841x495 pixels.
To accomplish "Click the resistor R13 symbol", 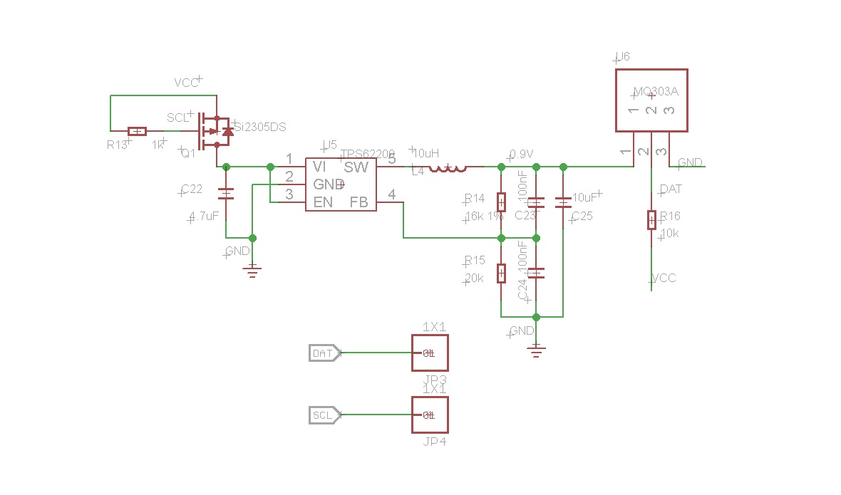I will (137, 131).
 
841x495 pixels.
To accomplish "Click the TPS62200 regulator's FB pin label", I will (358, 202).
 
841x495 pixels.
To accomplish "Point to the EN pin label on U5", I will (323, 202).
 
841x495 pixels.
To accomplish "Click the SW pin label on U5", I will (356, 167).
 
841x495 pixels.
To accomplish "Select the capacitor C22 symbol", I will (226, 193).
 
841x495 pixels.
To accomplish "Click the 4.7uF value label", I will (205, 217).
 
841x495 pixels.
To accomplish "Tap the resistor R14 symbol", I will (501, 202).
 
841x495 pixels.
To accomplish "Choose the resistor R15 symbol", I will (501, 273).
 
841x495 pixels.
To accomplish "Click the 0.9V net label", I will (522, 155).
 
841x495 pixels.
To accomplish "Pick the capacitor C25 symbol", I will (563, 202).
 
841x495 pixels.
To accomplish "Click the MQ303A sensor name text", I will (655, 93).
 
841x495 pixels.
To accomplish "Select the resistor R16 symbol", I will (651, 220).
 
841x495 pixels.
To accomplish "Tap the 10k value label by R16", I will (670, 234).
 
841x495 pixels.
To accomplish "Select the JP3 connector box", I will (430, 353).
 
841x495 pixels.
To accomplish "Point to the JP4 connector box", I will (430, 415).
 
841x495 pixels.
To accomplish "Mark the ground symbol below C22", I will (252, 269).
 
